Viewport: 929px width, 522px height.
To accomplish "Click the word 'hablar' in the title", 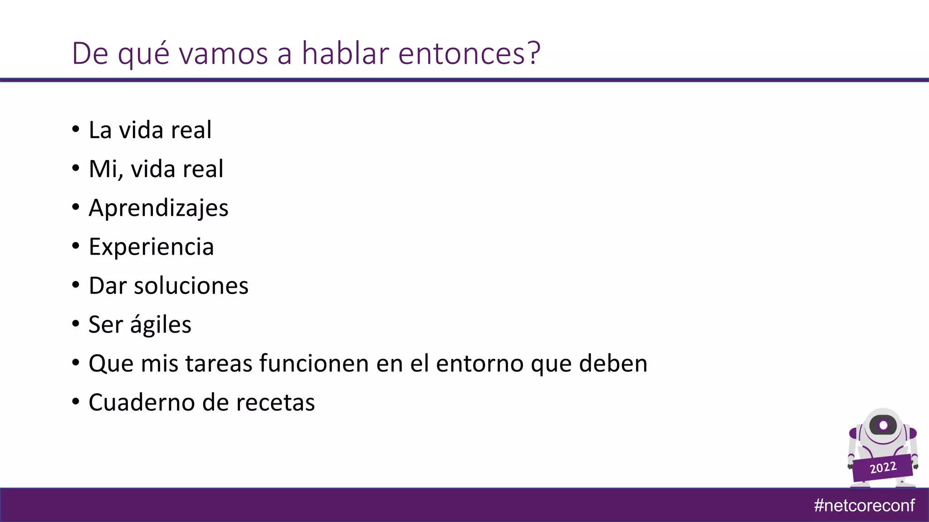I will pyautogui.click(x=345, y=53).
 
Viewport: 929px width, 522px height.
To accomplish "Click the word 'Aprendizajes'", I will pyautogui.click(x=158, y=208).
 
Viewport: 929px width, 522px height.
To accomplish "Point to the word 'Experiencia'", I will pyautogui.click(x=151, y=247).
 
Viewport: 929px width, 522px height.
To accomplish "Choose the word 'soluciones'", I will pyautogui.click(x=191, y=286).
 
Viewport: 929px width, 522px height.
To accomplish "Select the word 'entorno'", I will pyautogui.click(x=479, y=364).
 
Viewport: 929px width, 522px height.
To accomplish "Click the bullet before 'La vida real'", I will pyautogui.click(x=76, y=129).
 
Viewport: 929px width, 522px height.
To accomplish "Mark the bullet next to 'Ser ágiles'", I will pyautogui.click(x=76, y=324).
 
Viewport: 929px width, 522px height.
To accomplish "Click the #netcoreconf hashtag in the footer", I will pyautogui.click(x=864, y=505).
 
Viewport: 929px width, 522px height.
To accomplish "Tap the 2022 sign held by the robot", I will pyautogui.click(x=882, y=468).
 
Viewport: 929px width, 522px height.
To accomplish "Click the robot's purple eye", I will pyautogui.click(x=883, y=425).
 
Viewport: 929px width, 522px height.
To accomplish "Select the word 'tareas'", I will pyautogui.click(x=219, y=364).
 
